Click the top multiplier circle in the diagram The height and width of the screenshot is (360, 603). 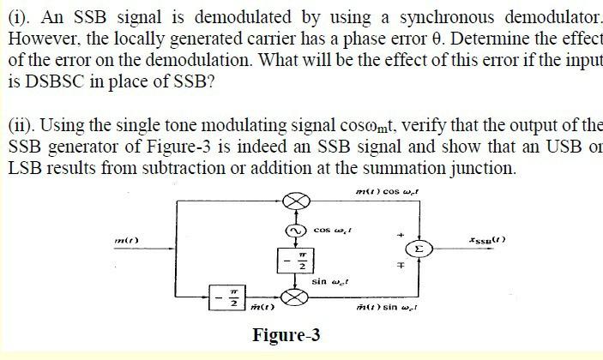tap(295, 201)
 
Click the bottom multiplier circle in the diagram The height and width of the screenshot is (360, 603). tap(295, 297)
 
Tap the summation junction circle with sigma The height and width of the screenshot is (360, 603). tap(419, 249)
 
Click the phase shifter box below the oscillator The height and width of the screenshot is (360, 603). tap(295, 261)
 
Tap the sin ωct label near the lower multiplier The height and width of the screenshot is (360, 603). tap(329, 280)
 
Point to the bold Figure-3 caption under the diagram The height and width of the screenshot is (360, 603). tap(286, 335)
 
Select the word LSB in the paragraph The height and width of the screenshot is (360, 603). tap(23, 167)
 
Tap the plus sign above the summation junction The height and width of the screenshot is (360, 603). tap(400, 232)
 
